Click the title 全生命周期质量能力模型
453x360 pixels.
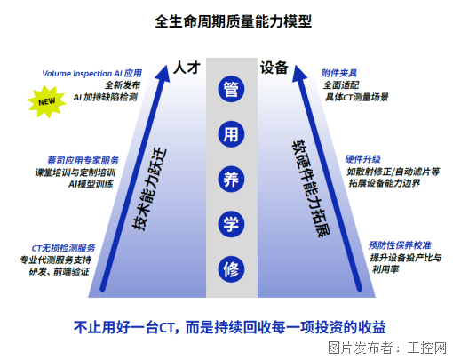[x=233, y=21]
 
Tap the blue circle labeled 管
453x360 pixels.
[x=231, y=89]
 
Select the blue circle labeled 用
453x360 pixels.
[x=231, y=134]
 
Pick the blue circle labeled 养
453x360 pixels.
[x=231, y=180]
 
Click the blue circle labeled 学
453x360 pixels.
[x=231, y=224]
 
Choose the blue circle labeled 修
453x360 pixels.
[x=231, y=269]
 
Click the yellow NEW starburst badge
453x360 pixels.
[x=47, y=101]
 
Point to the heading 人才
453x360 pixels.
[x=187, y=68]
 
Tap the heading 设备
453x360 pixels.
[x=274, y=68]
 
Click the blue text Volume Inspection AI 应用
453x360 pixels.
[x=91, y=73]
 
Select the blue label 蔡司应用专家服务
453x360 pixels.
[x=83, y=161]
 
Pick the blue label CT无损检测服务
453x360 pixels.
[x=63, y=248]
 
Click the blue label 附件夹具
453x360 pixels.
[x=339, y=73]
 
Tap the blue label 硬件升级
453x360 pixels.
[x=362, y=159]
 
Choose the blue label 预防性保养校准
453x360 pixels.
[x=400, y=245]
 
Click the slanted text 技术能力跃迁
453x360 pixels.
[x=149, y=189]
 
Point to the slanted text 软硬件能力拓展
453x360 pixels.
[x=311, y=188]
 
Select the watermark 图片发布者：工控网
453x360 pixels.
[x=387, y=348]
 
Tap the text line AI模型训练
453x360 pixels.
[x=91, y=184]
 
